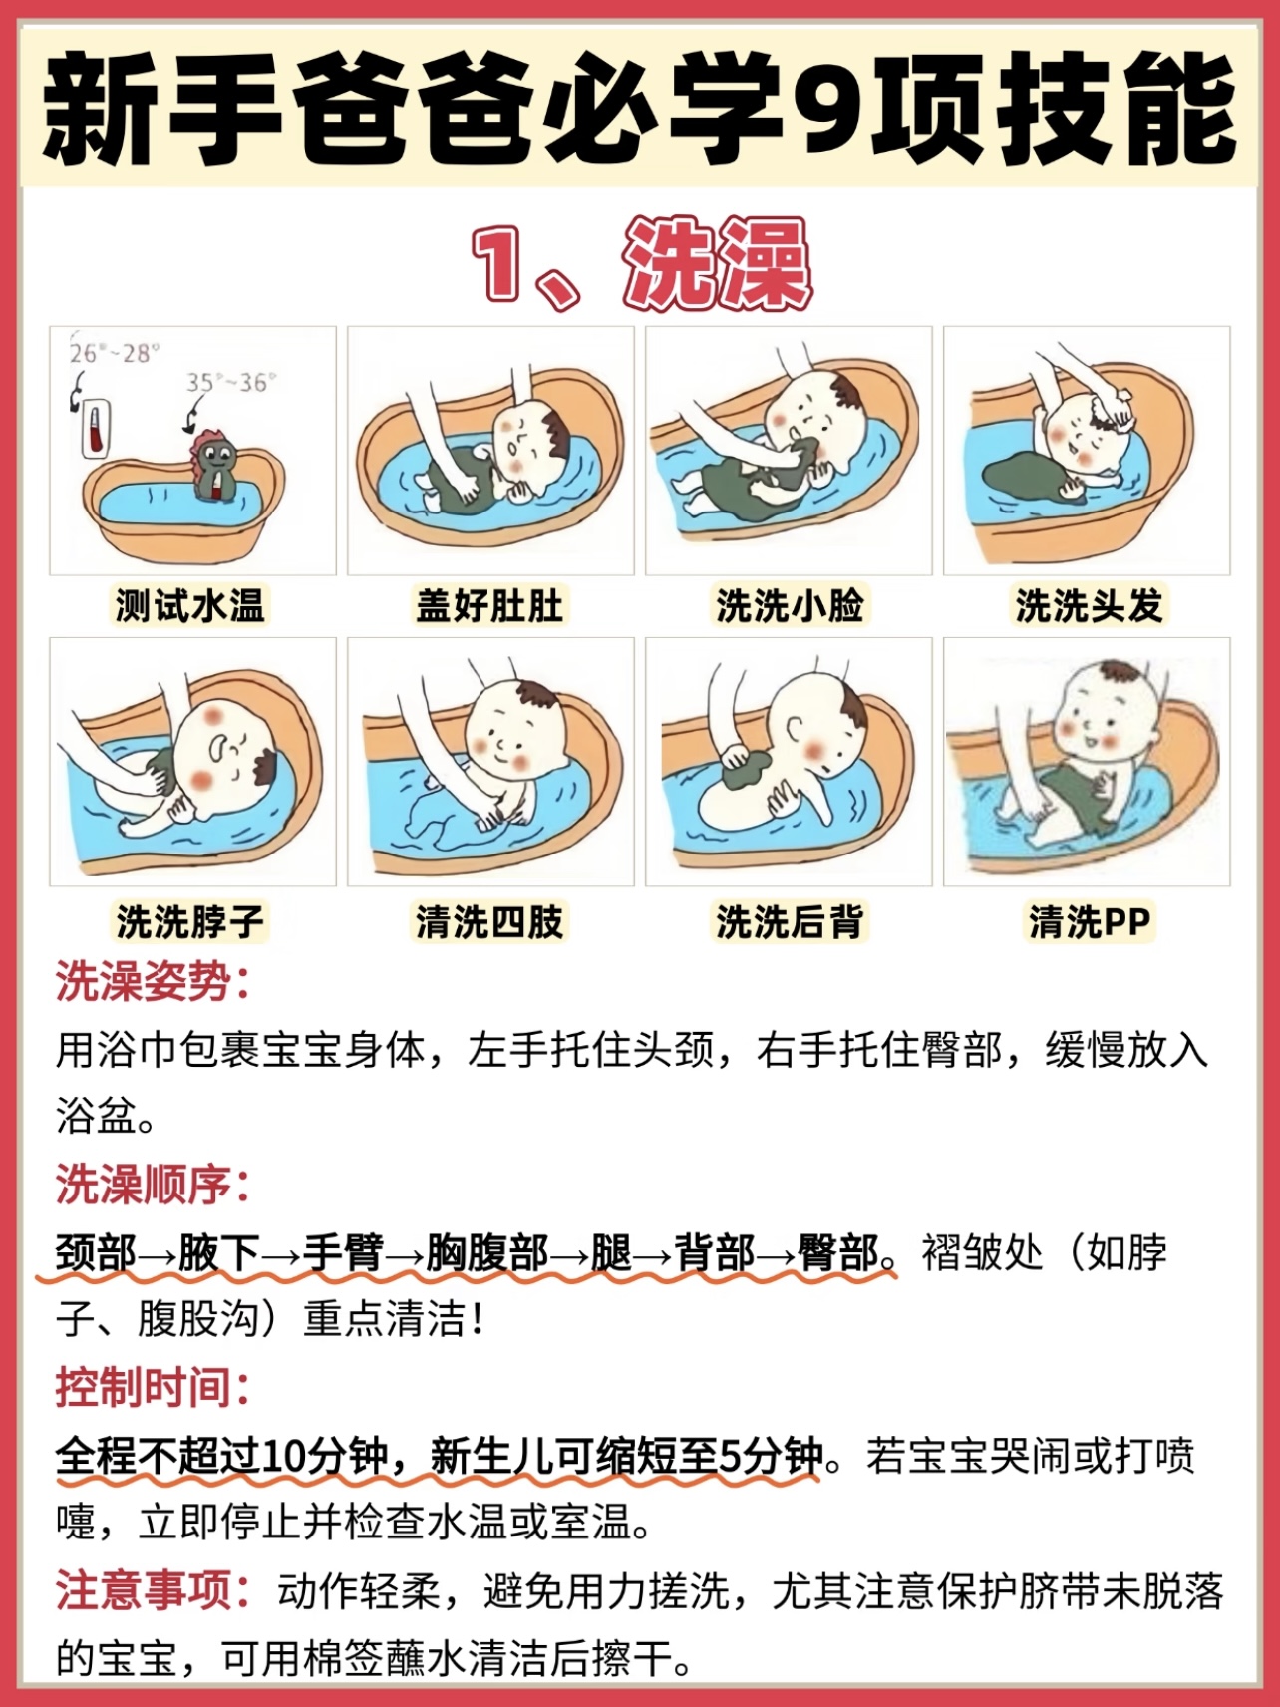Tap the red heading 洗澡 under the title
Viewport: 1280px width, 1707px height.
[716, 264]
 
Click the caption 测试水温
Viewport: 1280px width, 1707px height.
[189, 605]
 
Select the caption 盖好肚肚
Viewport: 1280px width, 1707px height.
[489, 605]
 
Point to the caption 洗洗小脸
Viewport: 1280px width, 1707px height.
[789, 605]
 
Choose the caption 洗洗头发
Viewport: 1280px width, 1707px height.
[1088, 605]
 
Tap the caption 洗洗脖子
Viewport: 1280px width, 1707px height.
[189, 920]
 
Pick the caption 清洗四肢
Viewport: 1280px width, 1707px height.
[489, 920]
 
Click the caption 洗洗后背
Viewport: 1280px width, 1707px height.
[789, 920]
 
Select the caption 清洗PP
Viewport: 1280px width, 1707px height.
[1089, 920]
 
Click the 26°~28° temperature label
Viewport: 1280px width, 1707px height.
[114, 353]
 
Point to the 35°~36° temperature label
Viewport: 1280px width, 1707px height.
[231, 382]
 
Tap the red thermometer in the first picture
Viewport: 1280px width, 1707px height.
[94, 430]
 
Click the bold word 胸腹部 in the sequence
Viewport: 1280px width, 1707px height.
[487, 1252]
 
